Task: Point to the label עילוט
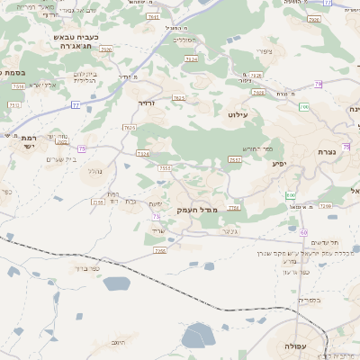[238, 115]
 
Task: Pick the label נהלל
[94, 170]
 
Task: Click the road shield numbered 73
[157, 217]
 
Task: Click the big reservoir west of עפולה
[197, 337]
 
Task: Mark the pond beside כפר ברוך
[116, 284]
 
